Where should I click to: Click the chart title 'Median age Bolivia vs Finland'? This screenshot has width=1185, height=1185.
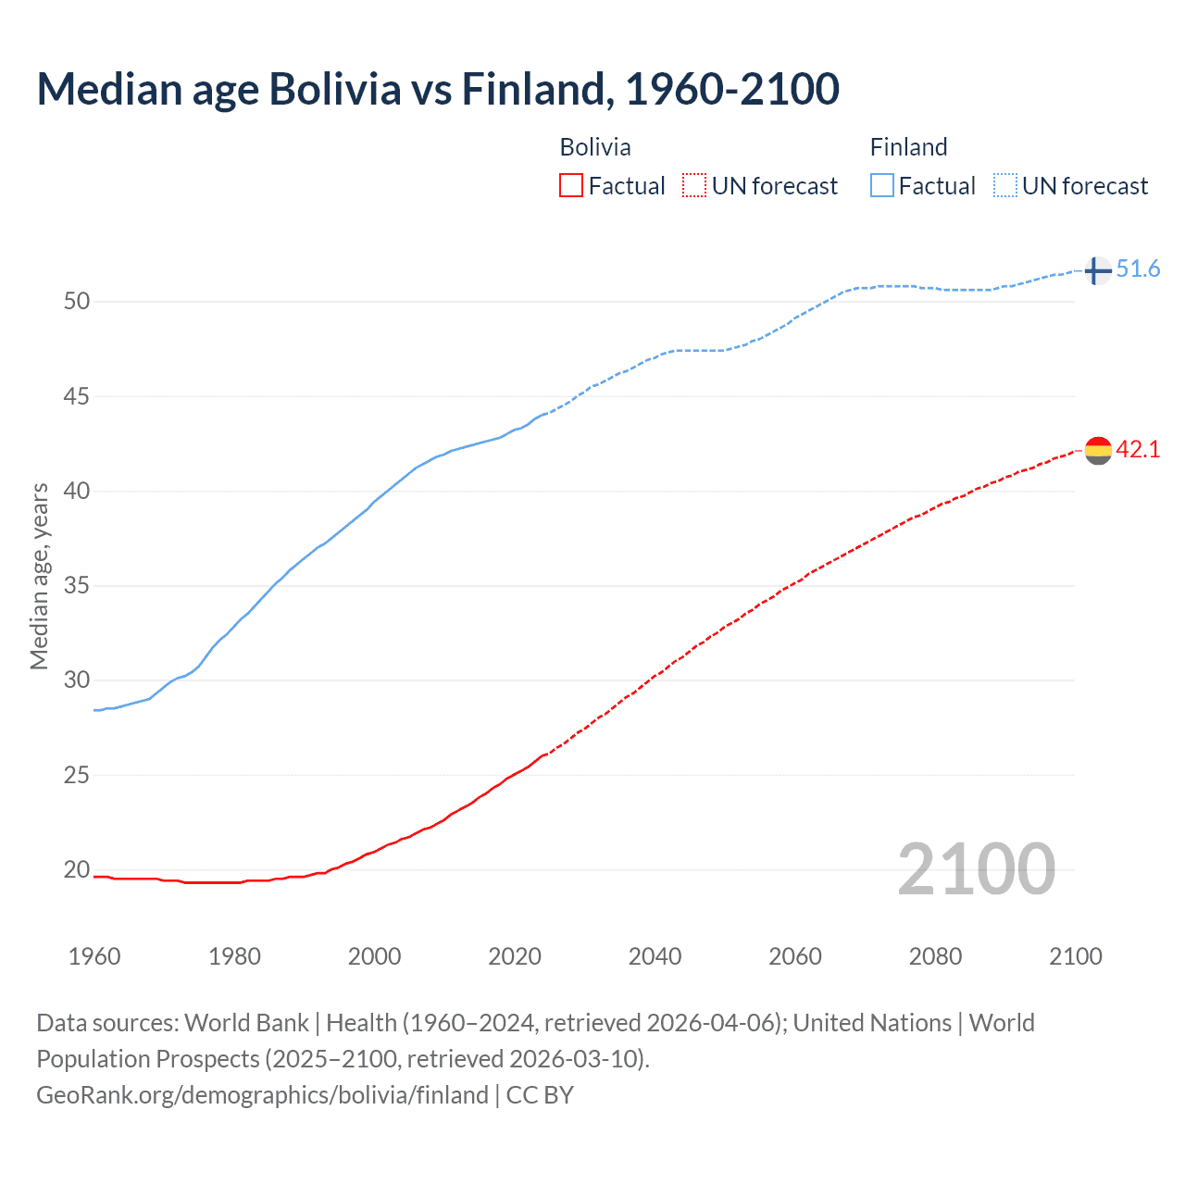click(438, 89)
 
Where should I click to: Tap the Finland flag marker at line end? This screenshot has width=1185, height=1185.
click(1097, 270)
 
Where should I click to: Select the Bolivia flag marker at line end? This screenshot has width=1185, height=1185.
click(1097, 451)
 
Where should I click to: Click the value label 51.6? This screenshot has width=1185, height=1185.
click(1138, 269)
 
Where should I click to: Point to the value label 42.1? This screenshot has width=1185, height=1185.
click(1138, 450)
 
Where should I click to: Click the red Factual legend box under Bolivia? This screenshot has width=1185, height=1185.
click(571, 186)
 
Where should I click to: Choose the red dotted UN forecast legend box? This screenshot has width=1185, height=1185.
click(694, 186)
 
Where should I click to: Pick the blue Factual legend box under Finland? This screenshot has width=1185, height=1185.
click(882, 186)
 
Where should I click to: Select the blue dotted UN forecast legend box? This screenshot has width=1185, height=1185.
click(1004, 186)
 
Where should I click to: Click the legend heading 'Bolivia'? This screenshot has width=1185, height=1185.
click(595, 147)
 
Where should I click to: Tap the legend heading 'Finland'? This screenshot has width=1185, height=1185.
click(908, 147)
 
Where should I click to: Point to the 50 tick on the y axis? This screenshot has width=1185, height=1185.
click(77, 302)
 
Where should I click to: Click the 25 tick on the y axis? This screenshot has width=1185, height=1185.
click(77, 775)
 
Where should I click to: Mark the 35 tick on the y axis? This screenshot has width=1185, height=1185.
click(77, 586)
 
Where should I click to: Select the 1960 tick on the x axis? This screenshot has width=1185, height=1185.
click(94, 956)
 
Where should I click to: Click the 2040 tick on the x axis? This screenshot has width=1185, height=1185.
click(655, 956)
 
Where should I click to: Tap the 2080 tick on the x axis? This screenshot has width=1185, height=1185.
click(935, 956)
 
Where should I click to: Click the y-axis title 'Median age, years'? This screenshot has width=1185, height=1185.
click(39, 576)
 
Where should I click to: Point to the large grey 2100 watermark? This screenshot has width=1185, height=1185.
click(976, 869)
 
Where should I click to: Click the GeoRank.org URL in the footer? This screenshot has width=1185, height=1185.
click(262, 1095)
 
